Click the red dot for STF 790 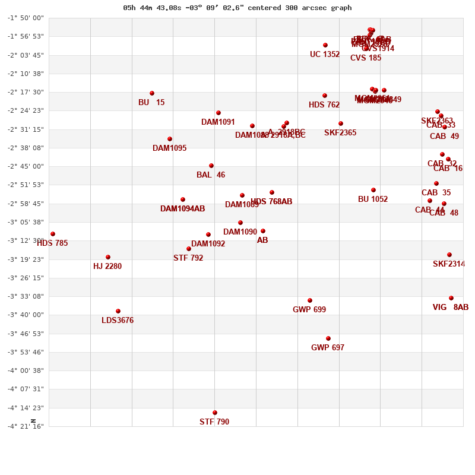click(215, 413)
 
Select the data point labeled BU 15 click(152, 93)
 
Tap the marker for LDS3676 click(118, 311)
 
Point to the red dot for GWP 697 click(328, 338)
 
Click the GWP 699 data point click(310, 300)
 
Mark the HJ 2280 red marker click(108, 257)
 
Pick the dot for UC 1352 click(325, 45)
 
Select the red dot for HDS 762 click(325, 96)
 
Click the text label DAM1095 click(169, 148)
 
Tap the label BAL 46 click(211, 175)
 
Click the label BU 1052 click(373, 199)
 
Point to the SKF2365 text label click(340, 133)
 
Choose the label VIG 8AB click(451, 308)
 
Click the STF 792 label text click(188, 258)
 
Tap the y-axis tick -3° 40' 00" click(26, 315)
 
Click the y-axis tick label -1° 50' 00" click(26, 18)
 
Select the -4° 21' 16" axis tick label click(26, 426)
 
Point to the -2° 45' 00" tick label click(26, 166)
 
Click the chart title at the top click(237, 8)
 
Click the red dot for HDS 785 click(53, 234)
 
